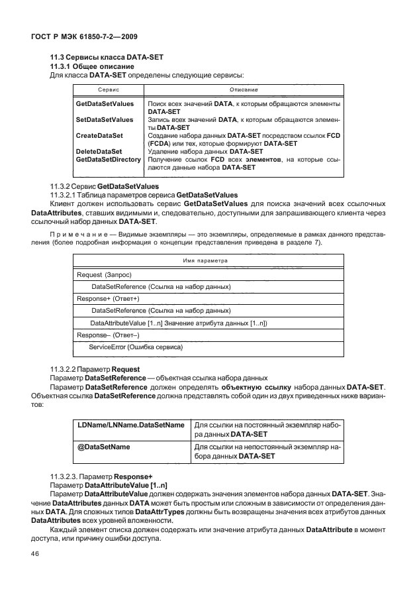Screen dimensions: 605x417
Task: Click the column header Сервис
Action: click(109, 89)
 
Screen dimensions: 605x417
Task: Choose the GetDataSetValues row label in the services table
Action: click(105, 104)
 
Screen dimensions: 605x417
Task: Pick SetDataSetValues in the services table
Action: click(105, 120)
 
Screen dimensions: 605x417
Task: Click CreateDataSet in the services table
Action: click(99, 135)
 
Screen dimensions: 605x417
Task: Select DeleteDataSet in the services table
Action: click(99, 151)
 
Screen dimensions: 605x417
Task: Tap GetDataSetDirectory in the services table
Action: click(109, 160)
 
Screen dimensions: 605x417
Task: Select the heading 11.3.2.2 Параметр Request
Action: click(93, 368)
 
